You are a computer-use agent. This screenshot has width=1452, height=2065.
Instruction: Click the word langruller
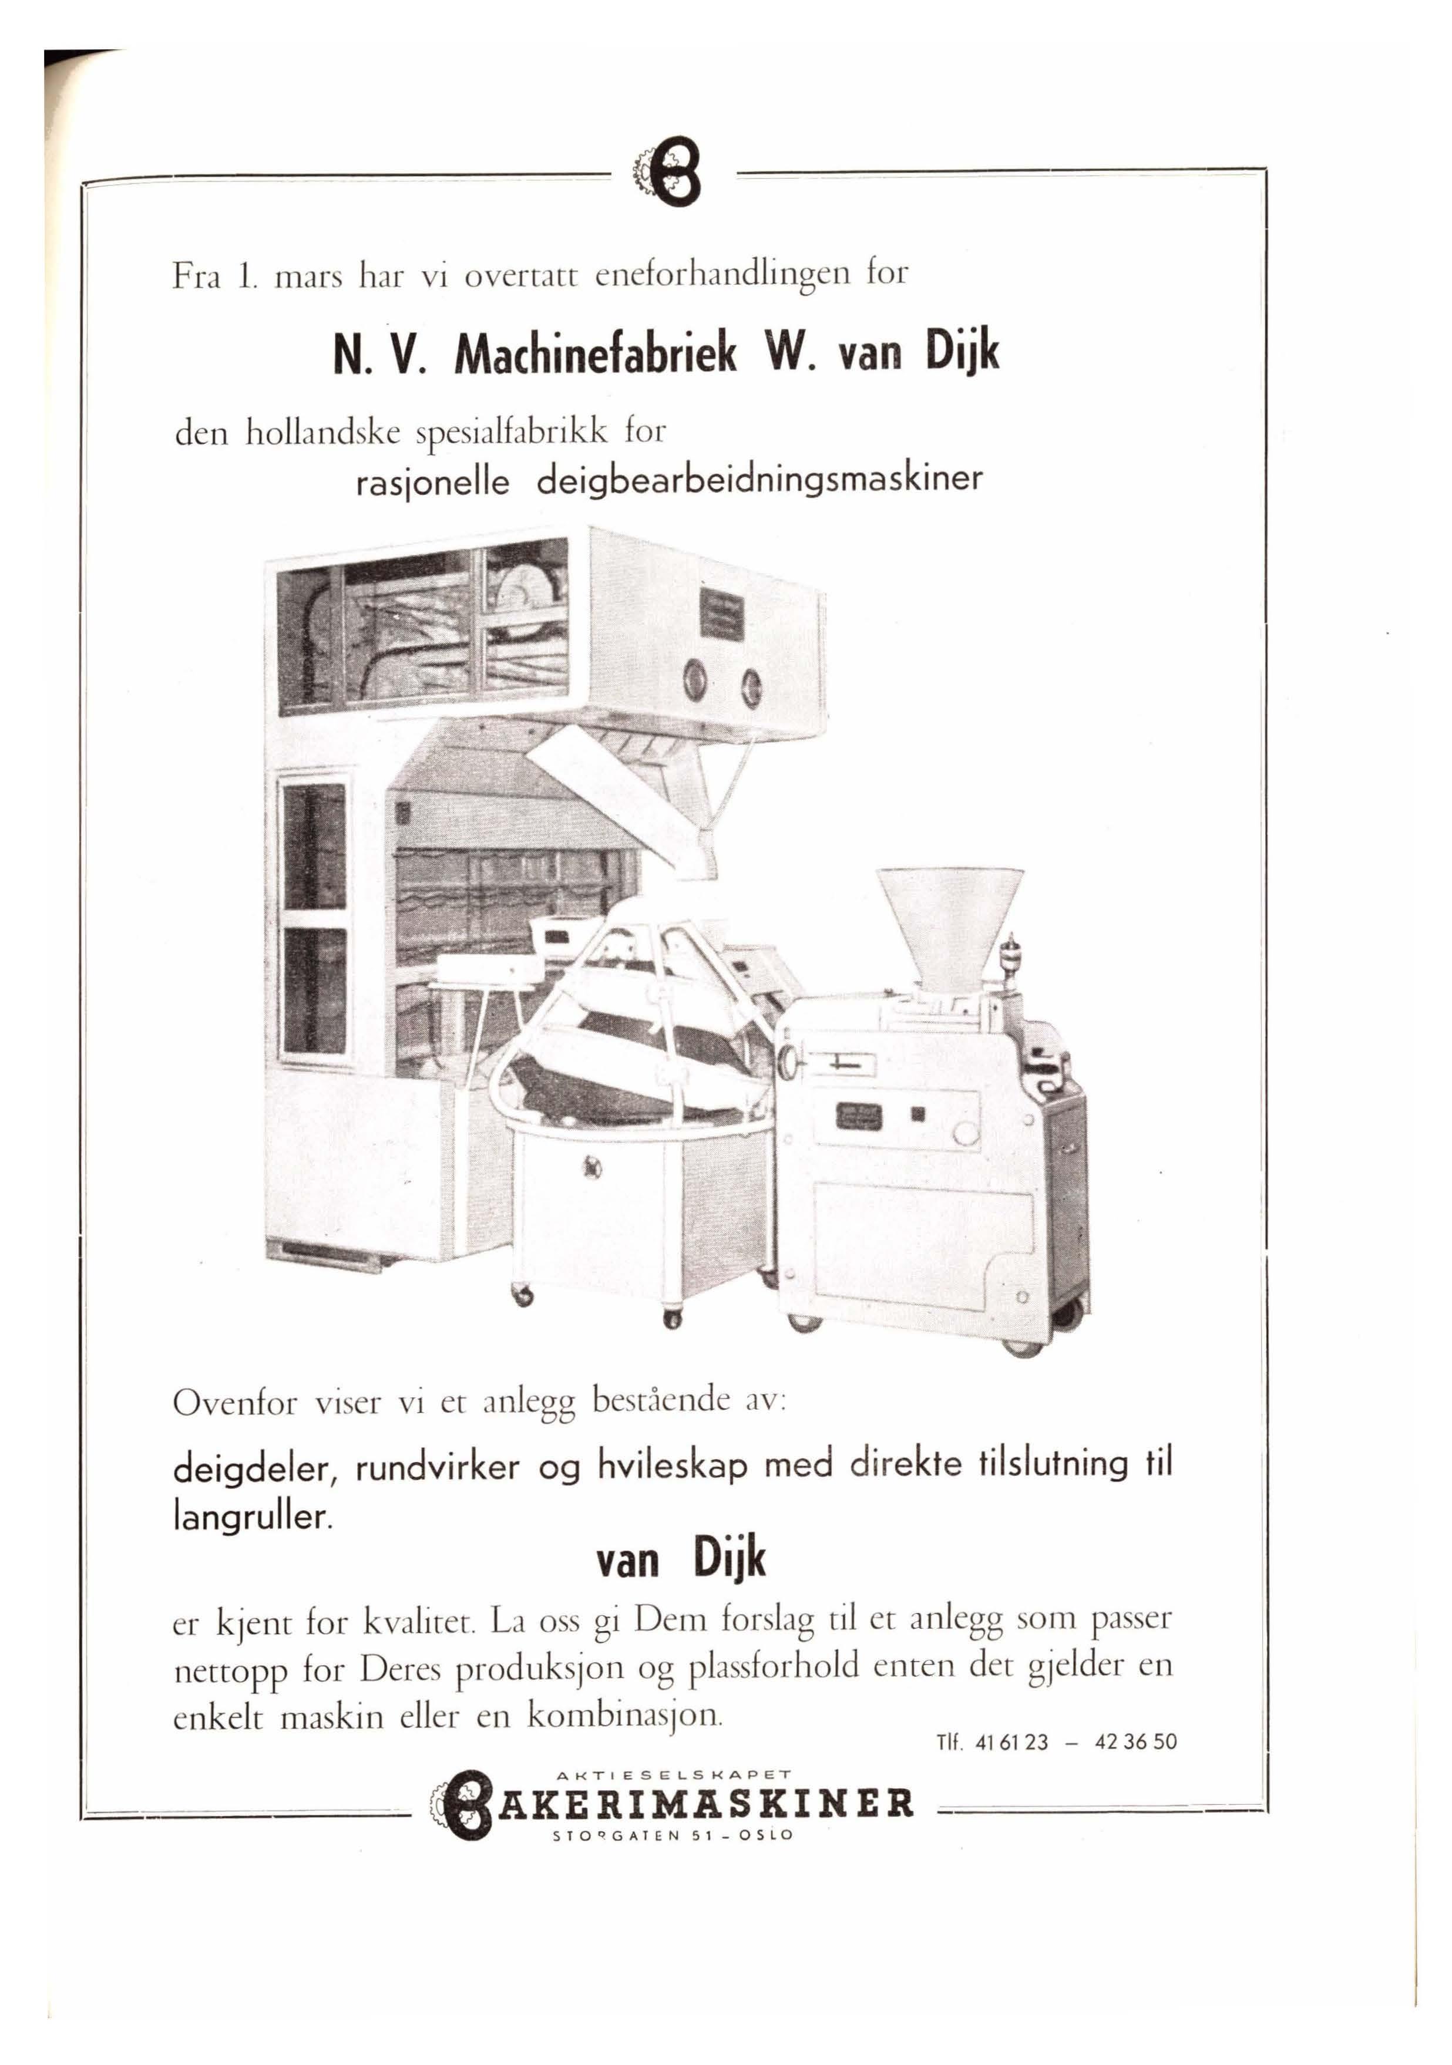click(x=253, y=1518)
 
